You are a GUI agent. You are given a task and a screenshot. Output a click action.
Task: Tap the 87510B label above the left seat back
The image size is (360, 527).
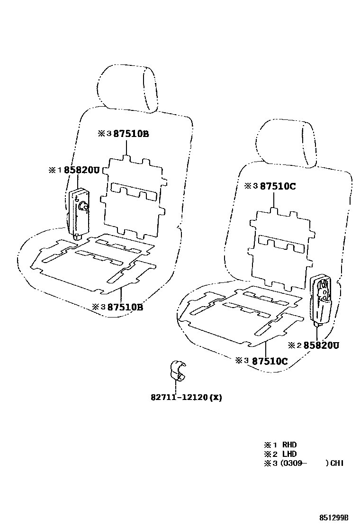pos(131,134)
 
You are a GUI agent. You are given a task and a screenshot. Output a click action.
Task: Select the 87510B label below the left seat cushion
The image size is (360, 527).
pos(125,307)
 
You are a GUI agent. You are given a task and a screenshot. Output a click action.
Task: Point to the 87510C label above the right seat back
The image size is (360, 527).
pos(278,186)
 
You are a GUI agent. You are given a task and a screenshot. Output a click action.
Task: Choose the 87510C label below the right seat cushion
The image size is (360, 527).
pos(270,361)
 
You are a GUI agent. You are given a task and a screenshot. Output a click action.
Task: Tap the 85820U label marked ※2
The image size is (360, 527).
pos(321,345)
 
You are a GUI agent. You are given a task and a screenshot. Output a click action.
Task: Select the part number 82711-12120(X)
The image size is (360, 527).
pos(186,397)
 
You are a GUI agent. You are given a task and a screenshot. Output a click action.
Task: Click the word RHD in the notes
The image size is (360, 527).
pos(289,445)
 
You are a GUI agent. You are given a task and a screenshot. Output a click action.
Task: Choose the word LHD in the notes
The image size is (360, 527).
pos(289,454)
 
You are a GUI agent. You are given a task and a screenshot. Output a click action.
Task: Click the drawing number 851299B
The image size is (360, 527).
pos(333,518)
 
